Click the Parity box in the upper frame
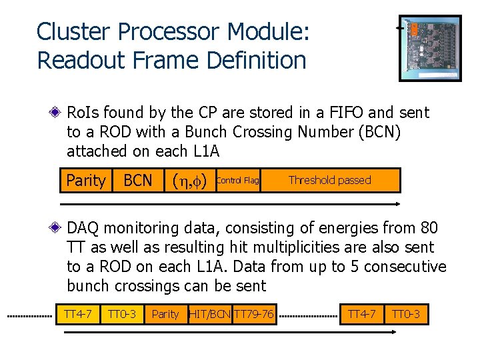86,181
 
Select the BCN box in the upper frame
138,181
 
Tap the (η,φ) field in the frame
189,181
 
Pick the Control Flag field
238,181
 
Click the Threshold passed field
329,181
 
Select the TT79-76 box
254,314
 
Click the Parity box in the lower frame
165,314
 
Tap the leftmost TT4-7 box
77,314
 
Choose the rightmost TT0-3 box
405,314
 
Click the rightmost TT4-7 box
362,314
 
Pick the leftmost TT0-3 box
122,314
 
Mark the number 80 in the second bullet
427,229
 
